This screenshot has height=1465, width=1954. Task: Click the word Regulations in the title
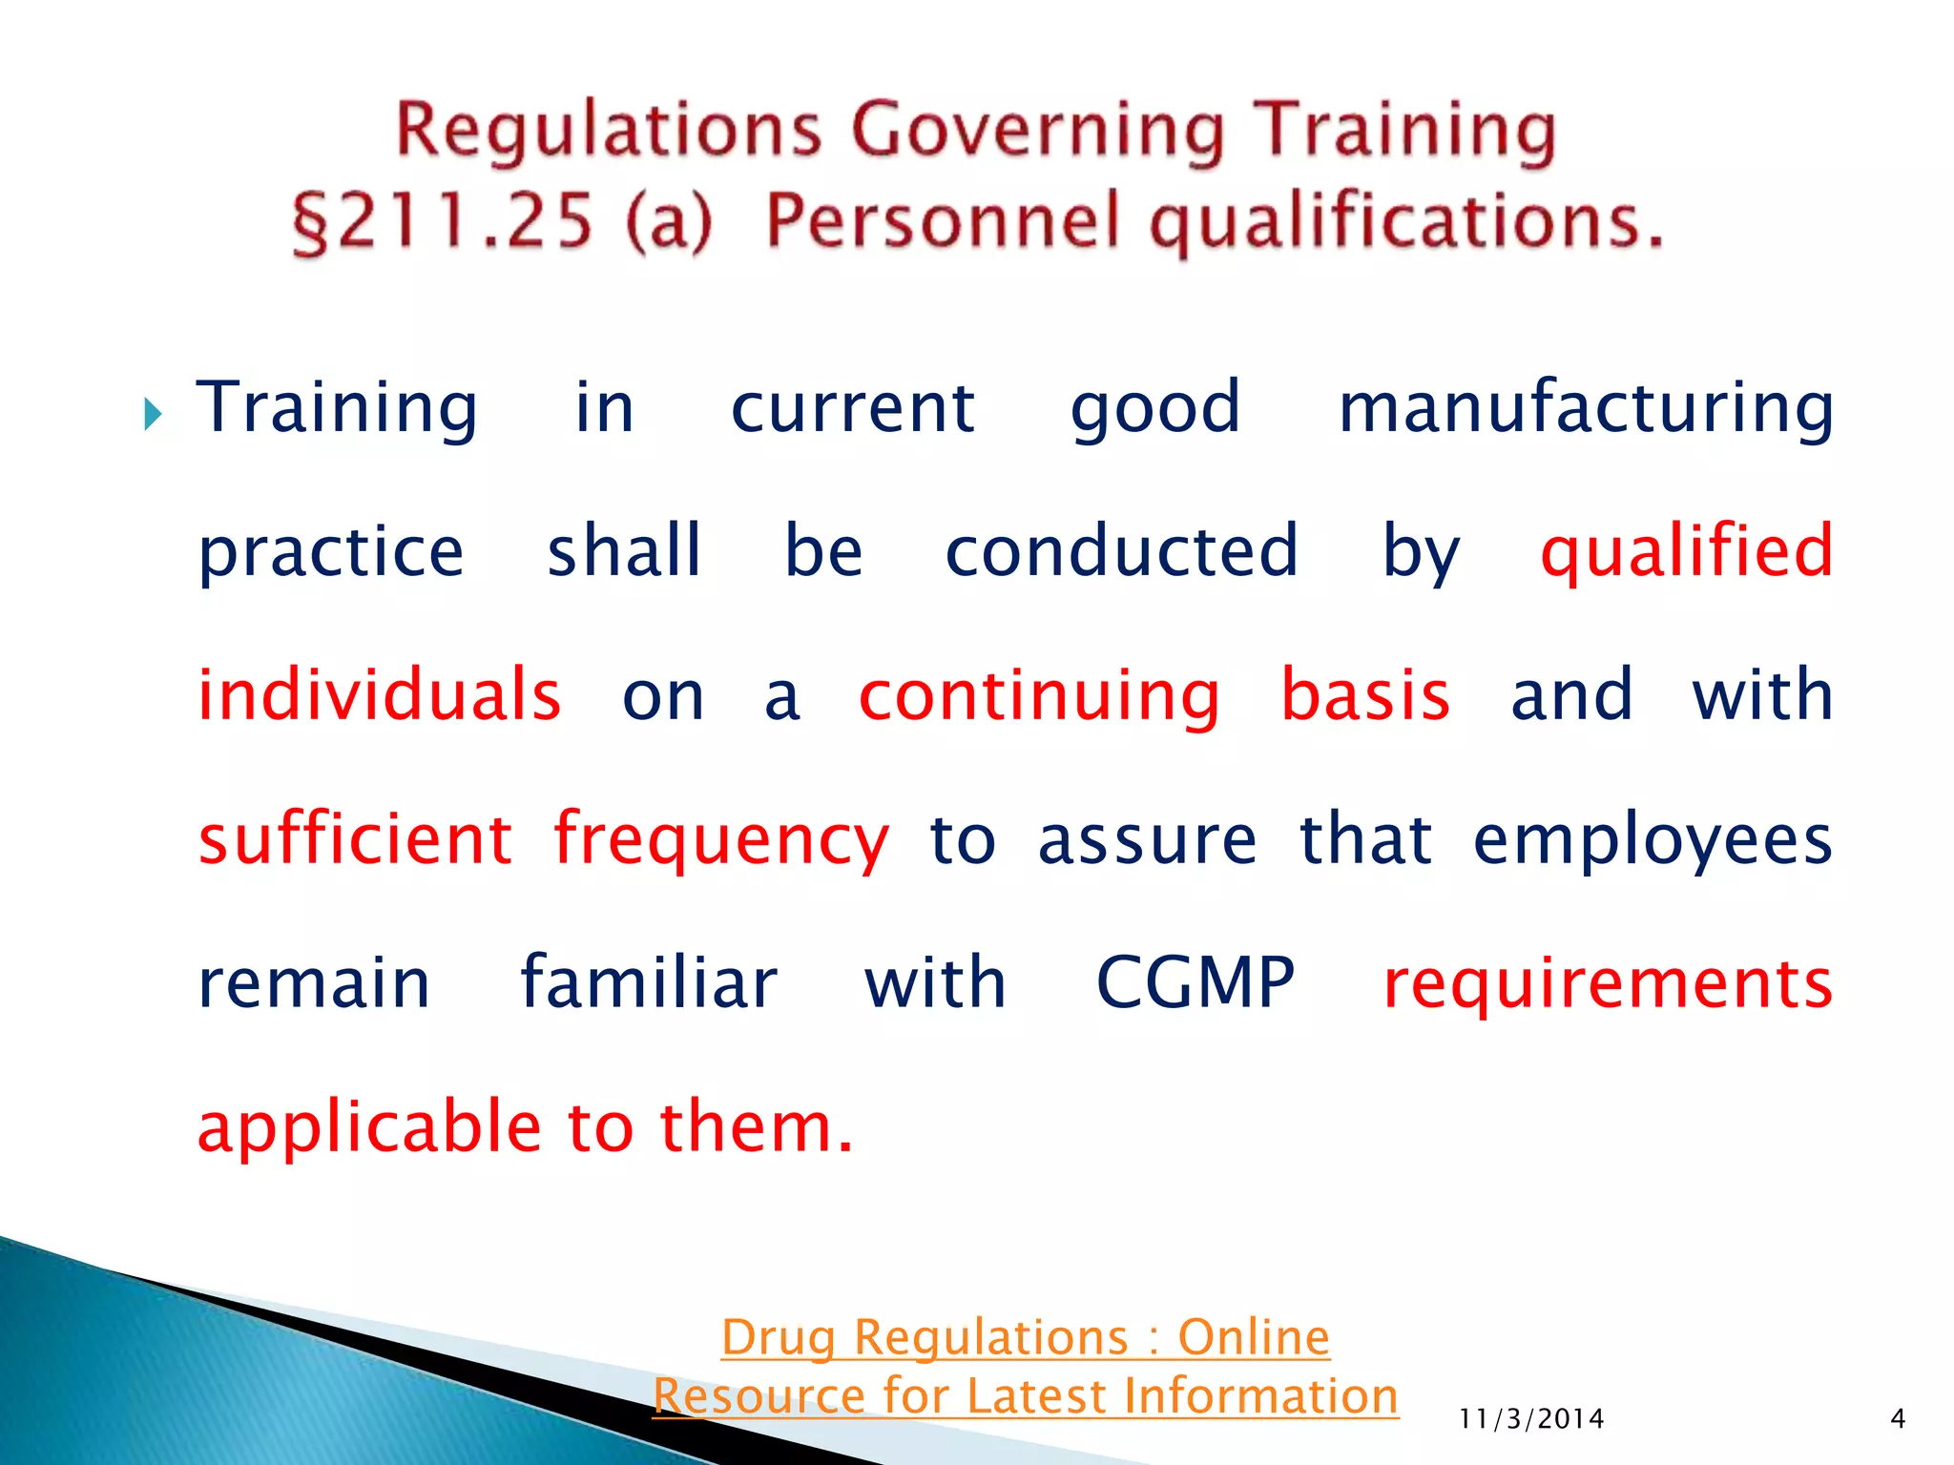608,131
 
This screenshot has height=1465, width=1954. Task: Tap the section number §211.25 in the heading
443,221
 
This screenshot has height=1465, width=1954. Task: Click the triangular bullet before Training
153,414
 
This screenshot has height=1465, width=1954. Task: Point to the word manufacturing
1585,408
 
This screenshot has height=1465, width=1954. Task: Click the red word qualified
1686,552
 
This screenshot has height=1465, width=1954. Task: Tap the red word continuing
1039,696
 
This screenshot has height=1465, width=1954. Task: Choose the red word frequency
721,841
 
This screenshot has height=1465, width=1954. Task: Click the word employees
1653,841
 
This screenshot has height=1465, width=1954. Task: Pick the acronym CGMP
1195,982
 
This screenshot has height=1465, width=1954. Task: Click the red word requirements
1608,984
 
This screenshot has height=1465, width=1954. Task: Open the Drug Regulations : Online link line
1026,1337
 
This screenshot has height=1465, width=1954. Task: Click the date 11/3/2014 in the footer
1531,1419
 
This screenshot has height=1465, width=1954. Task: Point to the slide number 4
1898,1419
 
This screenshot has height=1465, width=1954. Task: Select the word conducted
1121,551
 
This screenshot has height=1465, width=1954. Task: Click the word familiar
649,982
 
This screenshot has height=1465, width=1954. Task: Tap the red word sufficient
355,839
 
